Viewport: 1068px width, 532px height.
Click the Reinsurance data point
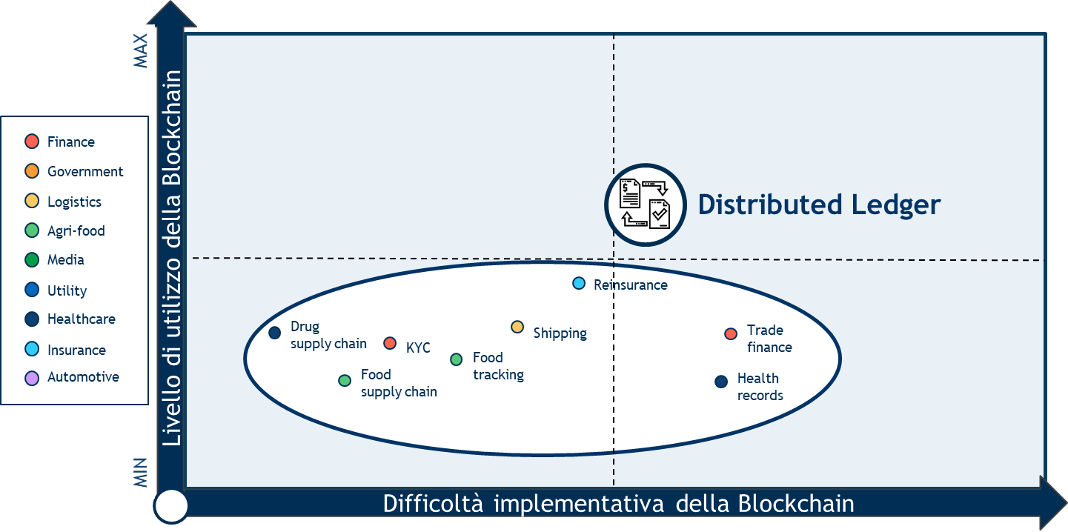coord(579,284)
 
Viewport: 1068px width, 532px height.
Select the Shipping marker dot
coord(517,327)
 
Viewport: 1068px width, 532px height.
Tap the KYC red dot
coord(390,343)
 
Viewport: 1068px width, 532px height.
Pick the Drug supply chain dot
coord(275,333)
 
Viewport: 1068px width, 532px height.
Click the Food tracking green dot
coord(457,359)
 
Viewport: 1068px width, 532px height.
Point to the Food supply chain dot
coord(345,380)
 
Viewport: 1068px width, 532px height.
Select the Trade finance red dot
coord(731,333)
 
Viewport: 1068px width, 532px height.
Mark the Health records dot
coord(721,382)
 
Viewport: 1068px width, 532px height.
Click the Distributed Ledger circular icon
coord(646,205)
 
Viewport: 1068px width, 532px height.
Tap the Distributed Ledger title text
coord(819,205)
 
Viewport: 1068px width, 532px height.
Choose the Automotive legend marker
coord(32,379)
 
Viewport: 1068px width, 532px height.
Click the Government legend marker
coord(32,171)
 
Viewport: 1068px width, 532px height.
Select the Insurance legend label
coord(76,350)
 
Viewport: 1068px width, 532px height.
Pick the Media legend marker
coord(32,260)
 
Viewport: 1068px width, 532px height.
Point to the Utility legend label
coord(67,290)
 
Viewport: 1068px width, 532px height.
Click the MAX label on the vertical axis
coord(140,50)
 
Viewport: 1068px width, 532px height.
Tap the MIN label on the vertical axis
coord(140,473)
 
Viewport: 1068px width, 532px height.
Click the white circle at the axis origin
coord(170,506)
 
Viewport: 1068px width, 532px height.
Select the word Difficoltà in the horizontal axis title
coord(433,504)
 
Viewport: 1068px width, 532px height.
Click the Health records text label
coord(760,387)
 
